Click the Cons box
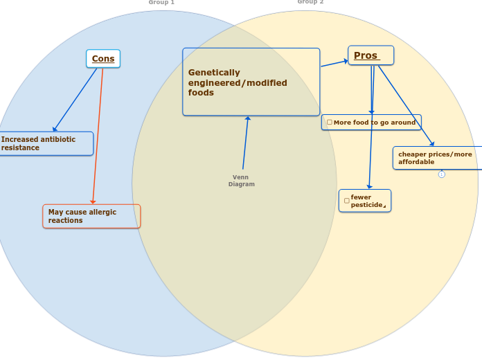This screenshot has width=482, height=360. tap(103, 59)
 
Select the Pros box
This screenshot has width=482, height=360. tap(371, 55)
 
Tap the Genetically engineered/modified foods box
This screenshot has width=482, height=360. tap(251, 82)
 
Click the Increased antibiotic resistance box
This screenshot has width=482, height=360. tap(46, 143)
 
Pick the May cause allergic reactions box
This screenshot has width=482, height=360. tap(91, 216)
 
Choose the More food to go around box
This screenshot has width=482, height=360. tap(371, 123)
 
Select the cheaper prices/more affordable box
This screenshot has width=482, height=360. tap(437, 158)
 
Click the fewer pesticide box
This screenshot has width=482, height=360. tap(365, 201)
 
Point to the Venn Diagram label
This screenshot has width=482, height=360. tap(242, 181)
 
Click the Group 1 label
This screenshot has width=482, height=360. tap(161, 3)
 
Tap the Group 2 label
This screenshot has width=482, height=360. tap(310, 2)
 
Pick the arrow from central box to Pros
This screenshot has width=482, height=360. tap(334, 63)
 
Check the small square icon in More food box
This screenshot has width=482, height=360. tap(330, 123)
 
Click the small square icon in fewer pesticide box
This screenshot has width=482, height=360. tap(346, 201)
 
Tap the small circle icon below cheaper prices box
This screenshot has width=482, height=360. tap(441, 174)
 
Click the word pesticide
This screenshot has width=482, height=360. tap(366, 205)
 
